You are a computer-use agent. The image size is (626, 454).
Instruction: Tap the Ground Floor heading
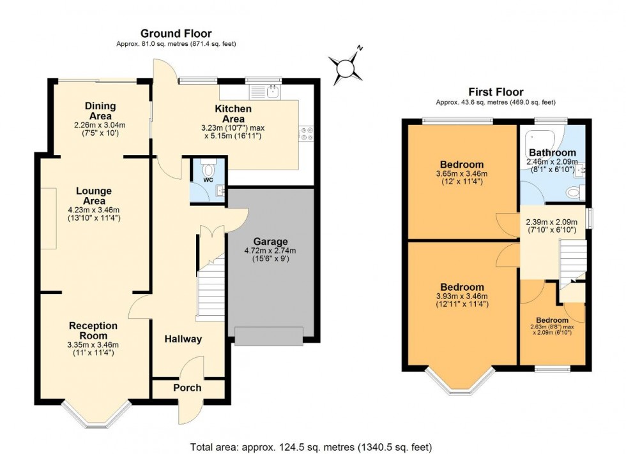[x=176, y=33]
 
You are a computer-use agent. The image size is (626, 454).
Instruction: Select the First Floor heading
[x=496, y=92]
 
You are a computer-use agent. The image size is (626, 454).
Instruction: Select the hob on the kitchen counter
[x=307, y=135]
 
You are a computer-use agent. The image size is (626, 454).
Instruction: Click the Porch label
[x=188, y=388]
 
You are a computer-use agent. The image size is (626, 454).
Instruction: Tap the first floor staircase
[x=572, y=259]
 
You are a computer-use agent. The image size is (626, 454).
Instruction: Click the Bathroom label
[x=552, y=153]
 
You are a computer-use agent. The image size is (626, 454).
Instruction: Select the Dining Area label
[x=100, y=111]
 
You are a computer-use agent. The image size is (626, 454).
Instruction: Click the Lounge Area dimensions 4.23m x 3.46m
[x=94, y=209]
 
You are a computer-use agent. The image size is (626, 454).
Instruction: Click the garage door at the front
[x=268, y=336]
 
